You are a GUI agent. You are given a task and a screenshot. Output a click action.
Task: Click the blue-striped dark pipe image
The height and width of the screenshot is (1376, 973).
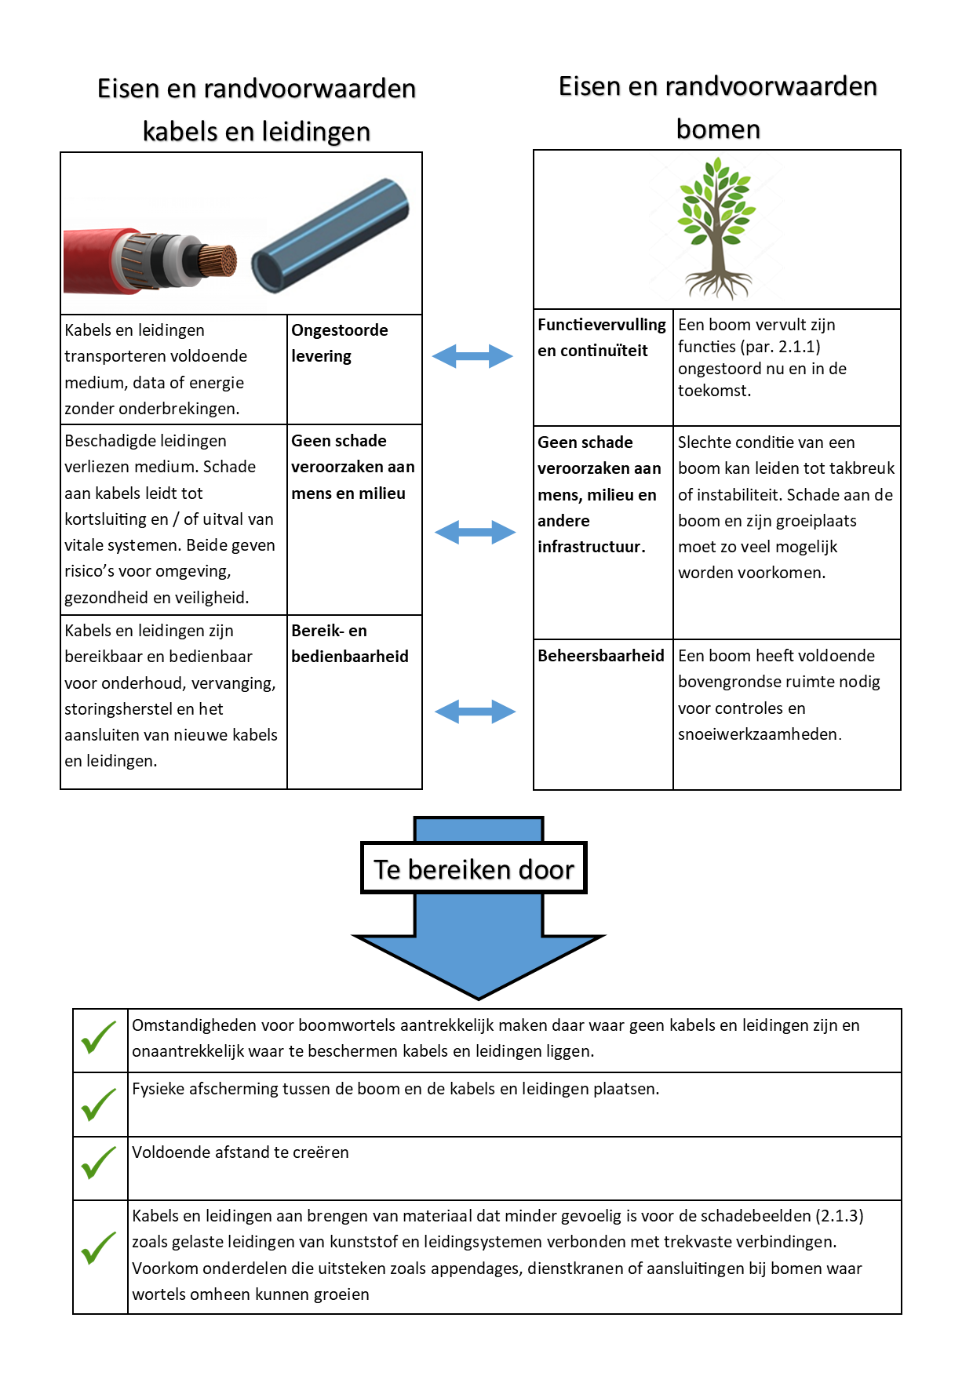pyautogui.click(x=330, y=235)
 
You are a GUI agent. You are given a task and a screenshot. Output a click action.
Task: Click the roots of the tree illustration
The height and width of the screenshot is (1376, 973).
pyautogui.click(x=718, y=284)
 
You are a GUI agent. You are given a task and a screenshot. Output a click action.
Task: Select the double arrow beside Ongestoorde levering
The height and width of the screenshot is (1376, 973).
pyautogui.click(x=472, y=356)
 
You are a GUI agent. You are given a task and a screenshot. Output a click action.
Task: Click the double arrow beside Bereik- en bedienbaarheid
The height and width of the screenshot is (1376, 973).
pyautogui.click(x=475, y=712)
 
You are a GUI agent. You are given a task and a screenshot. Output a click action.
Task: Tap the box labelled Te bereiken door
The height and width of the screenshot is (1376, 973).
pyautogui.click(x=474, y=868)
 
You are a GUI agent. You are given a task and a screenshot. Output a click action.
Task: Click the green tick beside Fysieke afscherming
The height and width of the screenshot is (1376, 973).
pyautogui.click(x=99, y=1105)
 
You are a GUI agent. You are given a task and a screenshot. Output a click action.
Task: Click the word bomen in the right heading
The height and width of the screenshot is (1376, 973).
pyautogui.click(x=718, y=129)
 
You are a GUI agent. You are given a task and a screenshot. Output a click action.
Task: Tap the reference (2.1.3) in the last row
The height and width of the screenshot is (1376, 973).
pyautogui.click(x=839, y=1216)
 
